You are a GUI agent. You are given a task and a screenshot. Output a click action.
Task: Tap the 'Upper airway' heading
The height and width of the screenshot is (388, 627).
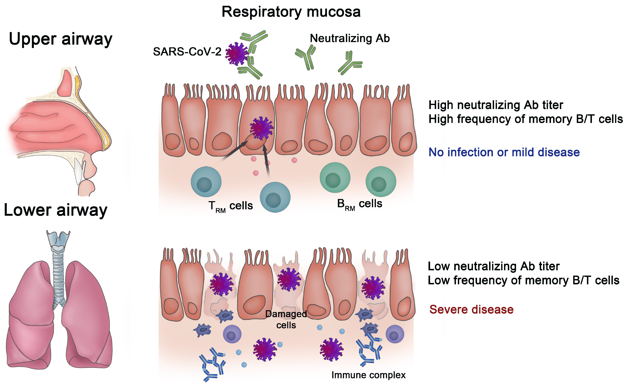(61, 39)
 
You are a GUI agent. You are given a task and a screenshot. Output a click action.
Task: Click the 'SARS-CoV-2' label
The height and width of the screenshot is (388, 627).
(187, 52)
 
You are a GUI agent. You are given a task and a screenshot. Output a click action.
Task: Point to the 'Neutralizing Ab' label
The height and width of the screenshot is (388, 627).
(350, 38)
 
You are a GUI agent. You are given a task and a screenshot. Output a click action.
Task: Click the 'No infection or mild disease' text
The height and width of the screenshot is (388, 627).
(504, 152)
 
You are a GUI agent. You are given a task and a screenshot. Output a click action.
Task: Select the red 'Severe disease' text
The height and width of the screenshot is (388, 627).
(471, 309)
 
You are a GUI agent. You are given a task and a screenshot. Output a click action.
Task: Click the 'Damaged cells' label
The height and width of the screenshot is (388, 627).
(286, 319)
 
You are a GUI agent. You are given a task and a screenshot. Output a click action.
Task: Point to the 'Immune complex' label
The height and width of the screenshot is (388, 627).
(368, 375)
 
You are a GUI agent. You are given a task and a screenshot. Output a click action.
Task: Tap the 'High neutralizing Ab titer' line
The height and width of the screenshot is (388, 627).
(496, 105)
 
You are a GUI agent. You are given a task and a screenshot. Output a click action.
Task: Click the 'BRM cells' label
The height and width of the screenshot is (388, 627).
(360, 204)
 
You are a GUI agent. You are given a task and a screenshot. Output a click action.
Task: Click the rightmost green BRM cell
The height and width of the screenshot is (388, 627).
(381, 181)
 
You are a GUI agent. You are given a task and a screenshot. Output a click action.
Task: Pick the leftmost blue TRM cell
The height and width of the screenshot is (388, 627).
(206, 182)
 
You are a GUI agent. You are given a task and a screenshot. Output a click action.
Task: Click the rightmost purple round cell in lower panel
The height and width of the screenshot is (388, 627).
(395, 334)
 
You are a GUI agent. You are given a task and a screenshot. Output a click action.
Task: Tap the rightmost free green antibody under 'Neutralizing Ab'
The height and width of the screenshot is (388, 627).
(350, 63)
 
